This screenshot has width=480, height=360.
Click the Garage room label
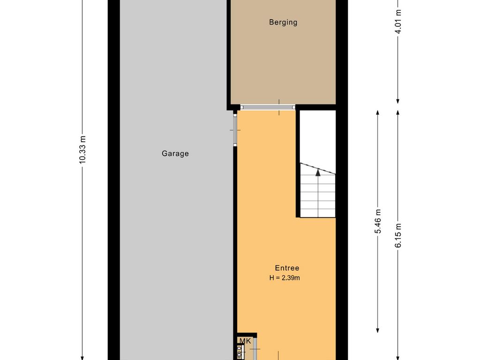(175, 153)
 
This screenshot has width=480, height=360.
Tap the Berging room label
(283, 22)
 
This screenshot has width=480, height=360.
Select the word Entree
(287, 268)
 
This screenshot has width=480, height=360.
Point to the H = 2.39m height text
(285, 278)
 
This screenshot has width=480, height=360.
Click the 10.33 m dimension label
(82, 150)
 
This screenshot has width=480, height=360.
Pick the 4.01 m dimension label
(398, 22)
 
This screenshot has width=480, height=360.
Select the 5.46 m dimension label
(378, 221)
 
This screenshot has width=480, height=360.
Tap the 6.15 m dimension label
(398, 235)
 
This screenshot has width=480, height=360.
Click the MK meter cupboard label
(245, 341)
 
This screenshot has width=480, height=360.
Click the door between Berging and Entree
(268, 107)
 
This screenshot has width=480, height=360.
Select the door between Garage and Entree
(235, 130)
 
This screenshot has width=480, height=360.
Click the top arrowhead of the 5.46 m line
(378, 112)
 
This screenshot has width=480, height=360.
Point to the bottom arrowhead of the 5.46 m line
(378, 330)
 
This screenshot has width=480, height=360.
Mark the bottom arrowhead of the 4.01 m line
(398, 101)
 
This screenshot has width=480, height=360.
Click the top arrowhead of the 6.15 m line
(398, 112)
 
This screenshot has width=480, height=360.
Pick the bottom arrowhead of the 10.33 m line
(82, 358)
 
